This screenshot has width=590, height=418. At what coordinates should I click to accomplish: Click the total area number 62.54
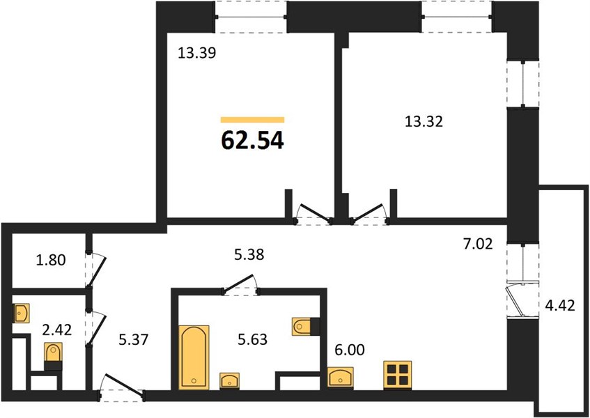(x=252, y=141)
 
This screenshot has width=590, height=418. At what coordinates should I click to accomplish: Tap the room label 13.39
(x=197, y=54)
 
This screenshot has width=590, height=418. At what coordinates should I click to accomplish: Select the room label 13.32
(x=424, y=121)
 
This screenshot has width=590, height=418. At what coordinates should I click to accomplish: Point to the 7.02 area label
(x=477, y=245)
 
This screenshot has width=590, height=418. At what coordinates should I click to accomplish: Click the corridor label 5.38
(x=249, y=255)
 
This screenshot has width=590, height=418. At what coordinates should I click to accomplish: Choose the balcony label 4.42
(x=560, y=306)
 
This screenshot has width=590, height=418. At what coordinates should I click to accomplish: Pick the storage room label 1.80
(x=51, y=260)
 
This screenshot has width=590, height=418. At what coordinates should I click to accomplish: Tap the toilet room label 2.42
(x=57, y=330)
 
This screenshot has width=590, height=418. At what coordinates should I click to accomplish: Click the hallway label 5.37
(x=134, y=340)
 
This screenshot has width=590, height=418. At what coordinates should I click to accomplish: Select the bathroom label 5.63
(x=252, y=339)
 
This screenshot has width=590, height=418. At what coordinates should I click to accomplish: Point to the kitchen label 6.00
(x=350, y=350)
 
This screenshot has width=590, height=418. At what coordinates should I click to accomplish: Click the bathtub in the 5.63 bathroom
(x=194, y=357)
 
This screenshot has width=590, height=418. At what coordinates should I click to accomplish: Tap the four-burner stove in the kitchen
(x=397, y=375)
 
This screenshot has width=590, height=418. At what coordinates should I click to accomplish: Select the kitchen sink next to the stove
(x=340, y=378)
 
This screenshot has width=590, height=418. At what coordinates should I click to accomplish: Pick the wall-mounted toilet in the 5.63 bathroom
(x=306, y=327)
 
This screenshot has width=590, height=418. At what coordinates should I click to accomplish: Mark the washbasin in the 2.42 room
(x=22, y=313)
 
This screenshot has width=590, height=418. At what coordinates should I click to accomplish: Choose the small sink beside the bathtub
(x=230, y=380)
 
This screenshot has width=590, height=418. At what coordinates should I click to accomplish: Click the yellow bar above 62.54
(x=252, y=120)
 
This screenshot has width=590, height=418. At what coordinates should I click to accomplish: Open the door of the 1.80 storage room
(x=97, y=270)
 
